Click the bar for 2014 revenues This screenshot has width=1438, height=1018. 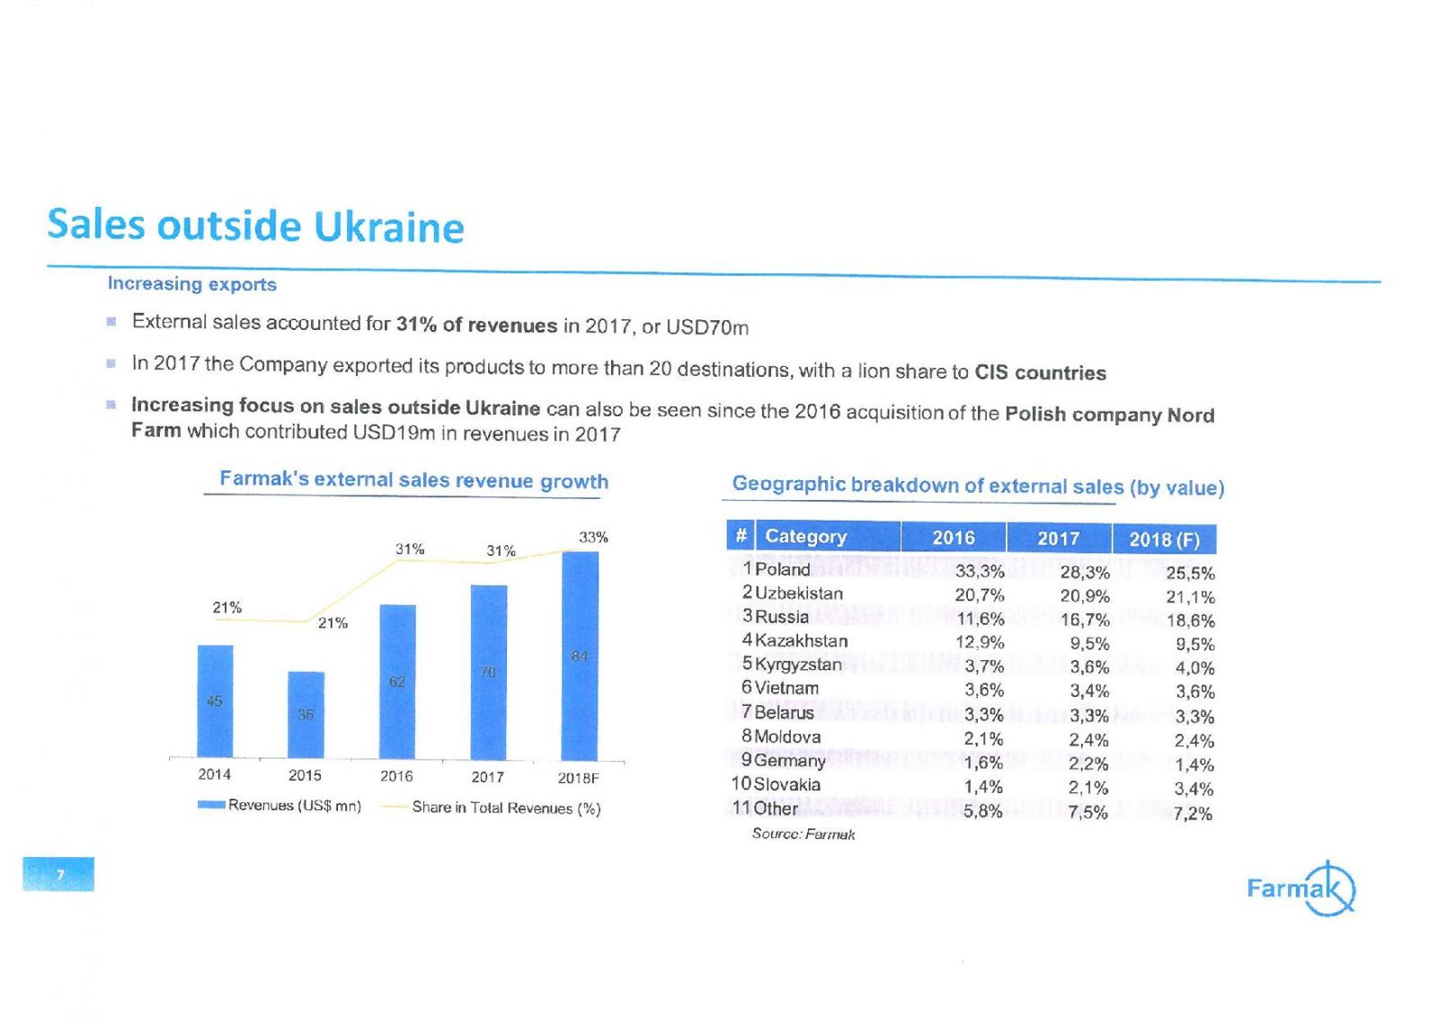pyautogui.click(x=215, y=701)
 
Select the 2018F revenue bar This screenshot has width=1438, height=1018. pyautogui.click(x=580, y=656)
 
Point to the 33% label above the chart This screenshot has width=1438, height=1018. pyautogui.click(x=593, y=537)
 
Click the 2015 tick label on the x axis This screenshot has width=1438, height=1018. pyautogui.click(x=305, y=775)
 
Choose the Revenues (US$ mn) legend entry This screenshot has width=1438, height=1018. pyautogui.click(x=280, y=805)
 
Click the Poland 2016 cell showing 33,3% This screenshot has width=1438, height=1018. pyautogui.click(x=979, y=571)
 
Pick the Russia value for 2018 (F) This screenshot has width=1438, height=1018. pyautogui.click(x=1190, y=621)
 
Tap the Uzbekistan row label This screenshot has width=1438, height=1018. pyautogui.click(x=798, y=594)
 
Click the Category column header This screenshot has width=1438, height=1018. pyautogui.click(x=805, y=537)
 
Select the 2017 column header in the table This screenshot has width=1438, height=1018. pyautogui.click(x=1058, y=539)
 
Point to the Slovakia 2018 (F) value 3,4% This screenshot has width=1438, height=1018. pyautogui.click(x=1194, y=790)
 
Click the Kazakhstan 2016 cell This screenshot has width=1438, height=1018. pyautogui.click(x=979, y=642)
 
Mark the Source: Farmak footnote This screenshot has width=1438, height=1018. pyautogui.click(x=803, y=835)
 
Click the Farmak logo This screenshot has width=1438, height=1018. pyautogui.click(x=1300, y=889)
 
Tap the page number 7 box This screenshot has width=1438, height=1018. pyautogui.click(x=58, y=874)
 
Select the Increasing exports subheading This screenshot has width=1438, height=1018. pyautogui.click(x=191, y=284)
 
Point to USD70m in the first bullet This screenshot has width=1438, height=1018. pyautogui.click(x=706, y=327)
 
